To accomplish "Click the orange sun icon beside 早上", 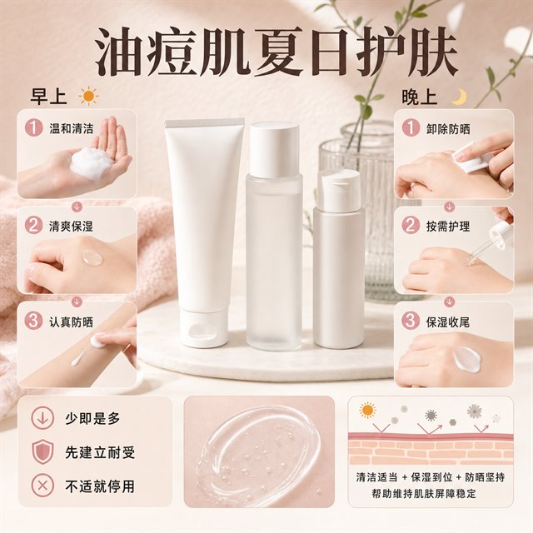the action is pyautogui.click(x=88, y=97).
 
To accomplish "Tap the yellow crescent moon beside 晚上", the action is pyautogui.click(x=459, y=97).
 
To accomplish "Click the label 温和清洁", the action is pyautogui.click(x=71, y=128).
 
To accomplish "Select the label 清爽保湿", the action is pyautogui.click(x=71, y=226).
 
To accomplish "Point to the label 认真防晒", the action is pyautogui.click(x=71, y=321).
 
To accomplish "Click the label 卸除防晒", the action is pyautogui.click(x=448, y=129).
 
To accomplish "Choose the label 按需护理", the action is pyautogui.click(x=448, y=226).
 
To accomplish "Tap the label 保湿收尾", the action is pyautogui.click(x=448, y=321).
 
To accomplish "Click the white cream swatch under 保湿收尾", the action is pyautogui.click(x=466, y=359).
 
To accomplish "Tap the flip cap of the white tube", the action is pyautogui.click(x=203, y=327).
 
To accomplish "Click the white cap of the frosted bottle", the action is pyautogui.click(x=274, y=150).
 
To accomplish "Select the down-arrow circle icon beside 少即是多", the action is pyautogui.click(x=42, y=418).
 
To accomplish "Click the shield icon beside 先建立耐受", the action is pyautogui.click(x=42, y=452).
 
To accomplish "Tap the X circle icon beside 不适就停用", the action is pyautogui.click(x=42, y=486).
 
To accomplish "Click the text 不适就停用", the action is pyautogui.click(x=100, y=486).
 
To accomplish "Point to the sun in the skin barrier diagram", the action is pyautogui.click(x=367, y=411).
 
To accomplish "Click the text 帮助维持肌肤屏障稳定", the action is pyautogui.click(x=424, y=493).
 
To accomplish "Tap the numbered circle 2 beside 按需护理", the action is pyautogui.click(x=411, y=226).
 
